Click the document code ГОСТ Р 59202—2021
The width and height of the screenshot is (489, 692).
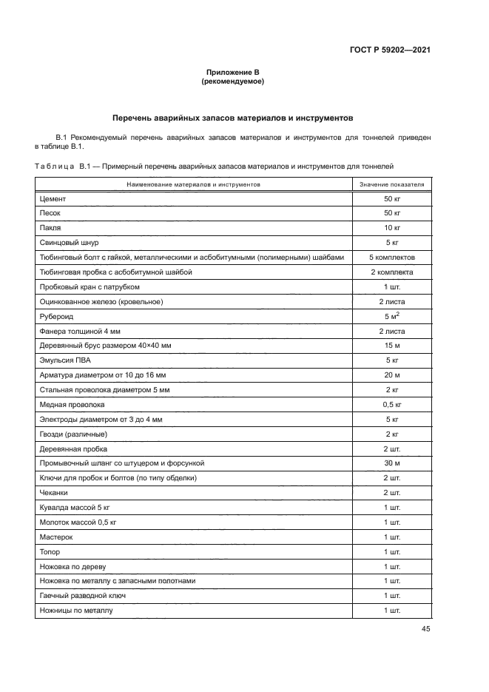point(391,50)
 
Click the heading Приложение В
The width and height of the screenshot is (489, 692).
point(233,73)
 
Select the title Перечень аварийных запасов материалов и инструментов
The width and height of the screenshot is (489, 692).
point(233,117)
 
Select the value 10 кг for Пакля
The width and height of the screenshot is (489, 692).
point(391,228)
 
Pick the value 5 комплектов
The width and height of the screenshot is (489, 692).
point(391,257)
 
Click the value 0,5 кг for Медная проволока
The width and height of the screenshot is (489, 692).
point(391,406)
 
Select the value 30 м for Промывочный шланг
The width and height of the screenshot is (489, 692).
point(391,463)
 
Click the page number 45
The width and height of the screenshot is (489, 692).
point(425,629)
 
